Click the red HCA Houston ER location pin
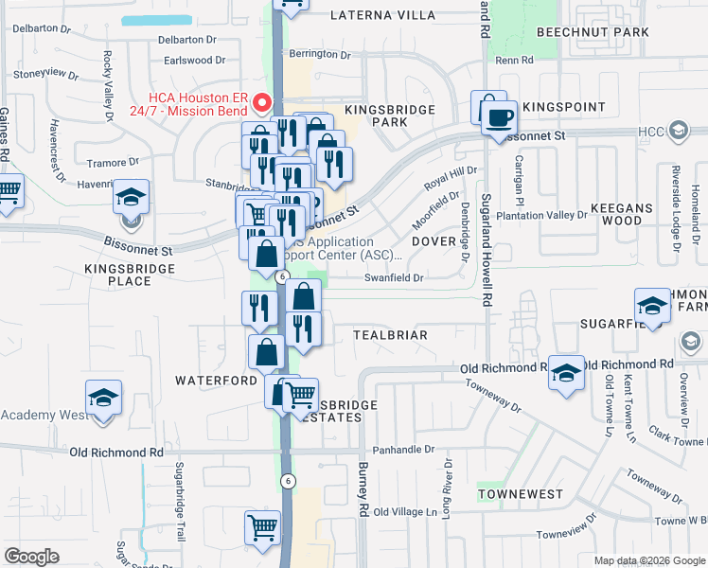266,102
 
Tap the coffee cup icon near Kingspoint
499,118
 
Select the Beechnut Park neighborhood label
593,32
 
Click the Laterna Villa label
383,15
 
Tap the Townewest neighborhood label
520,494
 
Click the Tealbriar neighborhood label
390,335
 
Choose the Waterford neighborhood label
216,381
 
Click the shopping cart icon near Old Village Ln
262,527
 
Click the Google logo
31,557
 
